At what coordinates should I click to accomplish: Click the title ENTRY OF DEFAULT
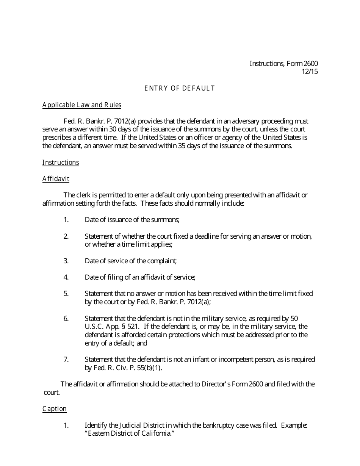[180, 88]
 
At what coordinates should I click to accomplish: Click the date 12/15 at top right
[310, 72]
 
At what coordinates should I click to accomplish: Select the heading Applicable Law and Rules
[82, 105]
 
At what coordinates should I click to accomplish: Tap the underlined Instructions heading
[61, 163]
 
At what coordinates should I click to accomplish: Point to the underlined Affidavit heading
[56, 179]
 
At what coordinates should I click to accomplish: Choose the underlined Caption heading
[54, 409]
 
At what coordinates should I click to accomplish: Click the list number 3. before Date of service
[66, 261]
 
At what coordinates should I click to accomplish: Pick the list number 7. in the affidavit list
[66, 360]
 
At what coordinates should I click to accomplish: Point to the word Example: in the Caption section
[294, 425]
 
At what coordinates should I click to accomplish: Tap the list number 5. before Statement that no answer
[66, 294]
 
